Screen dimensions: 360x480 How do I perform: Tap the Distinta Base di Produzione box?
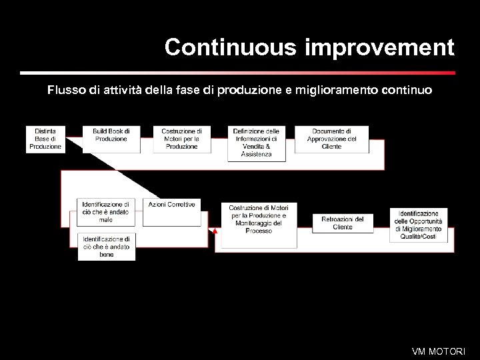(x=46, y=139)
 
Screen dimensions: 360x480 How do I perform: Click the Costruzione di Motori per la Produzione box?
(x=181, y=139)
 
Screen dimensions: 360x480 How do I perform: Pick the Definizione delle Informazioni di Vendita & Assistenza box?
(x=257, y=143)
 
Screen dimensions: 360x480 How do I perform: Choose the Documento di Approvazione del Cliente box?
(x=331, y=139)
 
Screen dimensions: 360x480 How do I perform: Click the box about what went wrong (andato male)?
(x=106, y=211)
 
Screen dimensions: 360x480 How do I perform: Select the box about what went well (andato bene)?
(x=106, y=246)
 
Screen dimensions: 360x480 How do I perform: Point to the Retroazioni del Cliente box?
(x=343, y=223)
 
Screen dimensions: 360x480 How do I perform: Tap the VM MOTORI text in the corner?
(x=439, y=351)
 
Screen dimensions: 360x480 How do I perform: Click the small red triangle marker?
(x=215, y=231)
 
